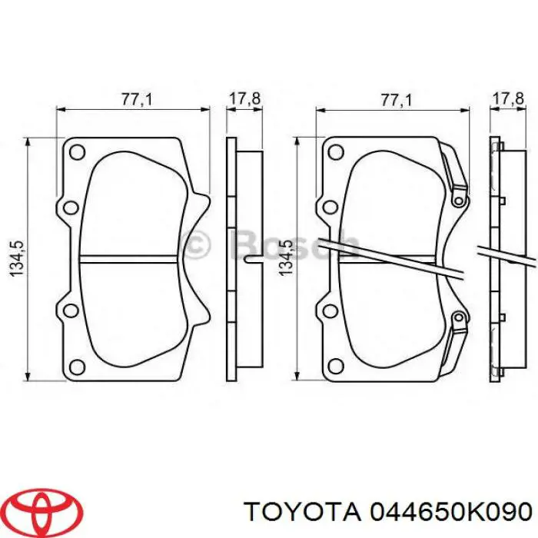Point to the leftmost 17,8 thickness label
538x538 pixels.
point(244,99)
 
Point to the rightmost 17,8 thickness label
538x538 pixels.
point(506,99)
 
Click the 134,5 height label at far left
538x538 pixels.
point(21,259)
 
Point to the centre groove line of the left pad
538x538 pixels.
point(131,257)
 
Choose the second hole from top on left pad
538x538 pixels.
point(69,207)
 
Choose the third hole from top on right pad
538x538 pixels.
point(329,311)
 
